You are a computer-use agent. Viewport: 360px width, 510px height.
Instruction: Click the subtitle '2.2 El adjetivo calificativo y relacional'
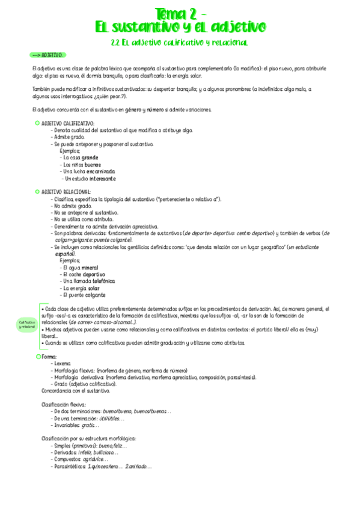click(x=180, y=43)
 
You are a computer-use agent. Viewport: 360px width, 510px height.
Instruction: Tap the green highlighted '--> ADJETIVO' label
click(x=47, y=55)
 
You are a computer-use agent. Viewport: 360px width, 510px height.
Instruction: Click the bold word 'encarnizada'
click(x=97, y=171)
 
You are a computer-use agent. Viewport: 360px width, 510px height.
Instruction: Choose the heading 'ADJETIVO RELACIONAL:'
click(x=66, y=192)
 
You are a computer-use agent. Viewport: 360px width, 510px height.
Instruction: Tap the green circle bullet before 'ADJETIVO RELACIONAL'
click(x=37, y=192)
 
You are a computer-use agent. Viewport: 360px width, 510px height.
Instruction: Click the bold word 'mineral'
click(x=87, y=268)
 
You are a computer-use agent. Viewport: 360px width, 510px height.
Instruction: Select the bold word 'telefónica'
click(x=99, y=281)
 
